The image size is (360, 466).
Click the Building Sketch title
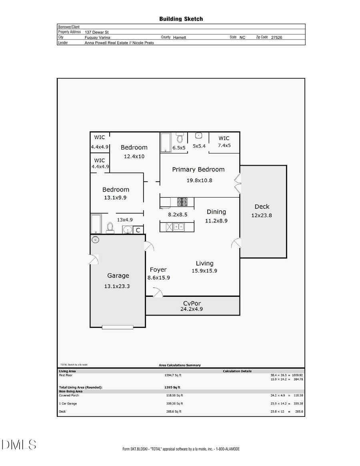(181, 19)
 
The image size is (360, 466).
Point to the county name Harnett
(180, 37)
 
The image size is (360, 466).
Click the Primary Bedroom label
(198, 170)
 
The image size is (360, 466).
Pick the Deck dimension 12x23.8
(262, 215)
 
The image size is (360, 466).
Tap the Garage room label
(118, 276)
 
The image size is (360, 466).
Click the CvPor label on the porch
(192, 303)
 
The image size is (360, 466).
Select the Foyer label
(158, 270)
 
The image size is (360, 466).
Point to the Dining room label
(216, 212)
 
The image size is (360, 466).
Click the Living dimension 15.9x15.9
(204, 271)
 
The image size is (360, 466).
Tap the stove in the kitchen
(182, 202)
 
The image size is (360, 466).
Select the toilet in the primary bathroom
(180, 138)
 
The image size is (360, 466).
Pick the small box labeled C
(138, 230)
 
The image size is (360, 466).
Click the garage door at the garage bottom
(118, 327)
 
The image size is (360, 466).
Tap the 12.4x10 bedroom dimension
(134, 156)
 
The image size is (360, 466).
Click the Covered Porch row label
(69, 395)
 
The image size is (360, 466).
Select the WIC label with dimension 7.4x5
(224, 138)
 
